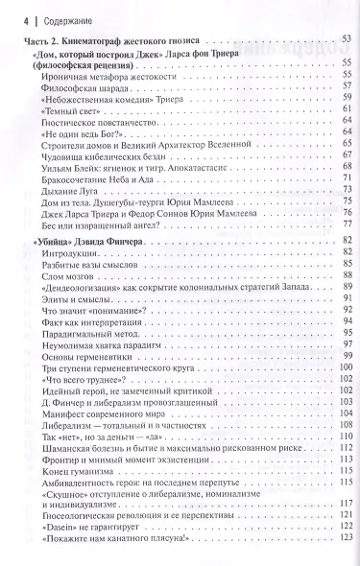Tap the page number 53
click(x=348, y=39)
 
